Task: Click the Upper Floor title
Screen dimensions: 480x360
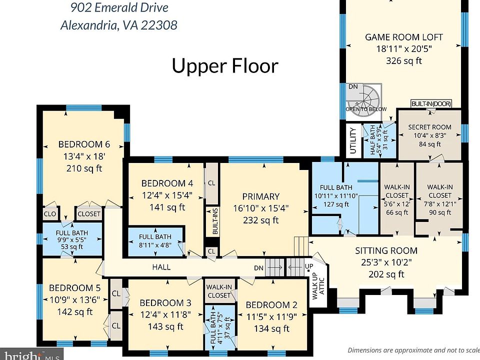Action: pyautogui.click(x=225, y=66)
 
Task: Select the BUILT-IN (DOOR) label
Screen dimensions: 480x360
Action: pyautogui.click(x=431, y=104)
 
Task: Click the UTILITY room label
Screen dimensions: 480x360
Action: pyautogui.click(x=353, y=141)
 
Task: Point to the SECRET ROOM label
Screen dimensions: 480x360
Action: pyautogui.click(x=430, y=127)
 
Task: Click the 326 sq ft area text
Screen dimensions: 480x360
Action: pyautogui.click(x=404, y=60)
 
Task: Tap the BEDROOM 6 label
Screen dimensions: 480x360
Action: pyautogui.click(x=84, y=144)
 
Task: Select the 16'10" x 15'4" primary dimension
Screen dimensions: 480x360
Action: pyautogui.click(x=261, y=208)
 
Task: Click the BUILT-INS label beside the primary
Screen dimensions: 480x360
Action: pyautogui.click(x=215, y=221)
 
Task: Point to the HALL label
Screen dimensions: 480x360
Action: pyautogui.click(x=161, y=267)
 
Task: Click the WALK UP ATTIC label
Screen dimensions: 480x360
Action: pyautogui.click(x=318, y=285)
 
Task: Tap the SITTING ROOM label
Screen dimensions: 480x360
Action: pyautogui.click(x=386, y=250)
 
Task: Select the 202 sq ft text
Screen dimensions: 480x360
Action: pyautogui.click(x=386, y=274)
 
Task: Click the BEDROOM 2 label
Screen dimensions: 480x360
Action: pyautogui.click(x=271, y=305)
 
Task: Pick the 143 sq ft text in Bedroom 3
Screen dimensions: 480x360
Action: pyautogui.click(x=165, y=326)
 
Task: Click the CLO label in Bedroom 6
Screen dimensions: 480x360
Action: pyautogui.click(x=50, y=213)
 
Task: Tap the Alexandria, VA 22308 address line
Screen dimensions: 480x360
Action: pyautogui.click(x=119, y=25)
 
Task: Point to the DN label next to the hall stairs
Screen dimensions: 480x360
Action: pyautogui.click(x=258, y=268)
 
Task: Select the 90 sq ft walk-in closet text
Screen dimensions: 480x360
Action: pyautogui.click(x=440, y=212)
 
